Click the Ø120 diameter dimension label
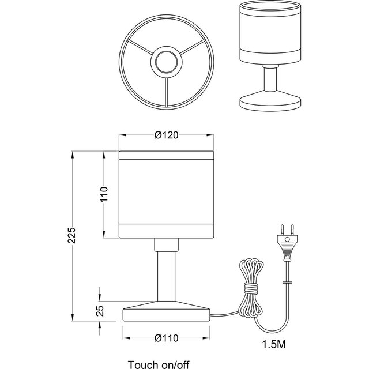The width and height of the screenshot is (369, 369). coord(165,135)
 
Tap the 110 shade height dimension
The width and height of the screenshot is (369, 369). coord(104,196)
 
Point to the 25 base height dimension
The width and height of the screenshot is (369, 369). coord(100,311)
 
